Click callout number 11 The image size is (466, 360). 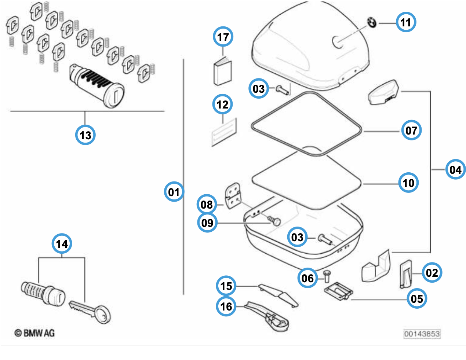point(406,22)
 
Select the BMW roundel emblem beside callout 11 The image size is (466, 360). point(372,23)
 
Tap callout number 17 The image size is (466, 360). point(223,37)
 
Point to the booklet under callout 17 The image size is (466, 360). point(223,72)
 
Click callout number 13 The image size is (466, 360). point(85,135)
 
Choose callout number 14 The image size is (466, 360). point(62,244)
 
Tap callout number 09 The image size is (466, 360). point(207,223)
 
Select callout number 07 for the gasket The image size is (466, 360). point(411,131)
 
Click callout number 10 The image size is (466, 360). point(408,183)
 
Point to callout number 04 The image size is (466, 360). point(455,169)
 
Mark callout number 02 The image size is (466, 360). point(432,273)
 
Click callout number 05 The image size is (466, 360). point(417,298)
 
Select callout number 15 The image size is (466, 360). point(226,286)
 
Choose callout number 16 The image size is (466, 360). point(226,306)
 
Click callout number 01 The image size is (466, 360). point(174,192)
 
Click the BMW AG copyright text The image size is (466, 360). point(34,333)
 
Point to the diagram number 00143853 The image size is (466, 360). point(422,334)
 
